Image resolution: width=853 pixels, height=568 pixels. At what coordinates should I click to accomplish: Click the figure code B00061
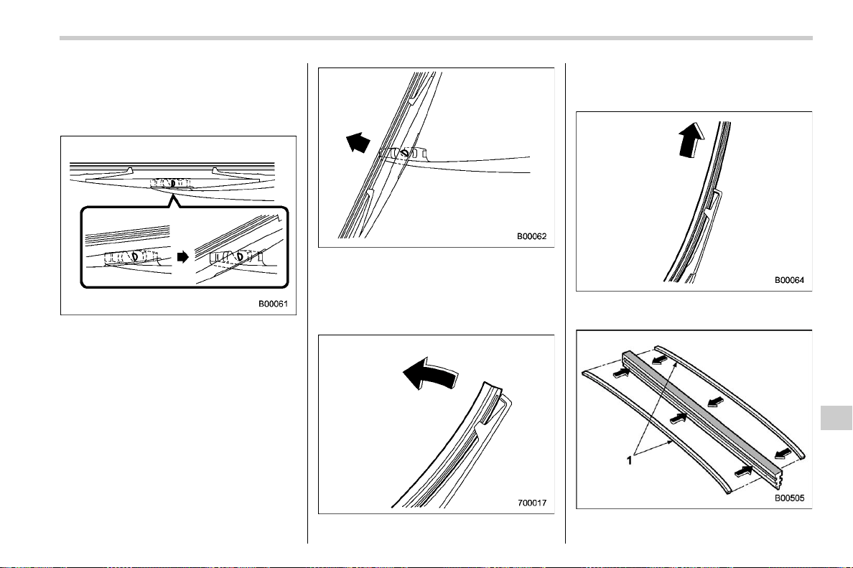(273, 304)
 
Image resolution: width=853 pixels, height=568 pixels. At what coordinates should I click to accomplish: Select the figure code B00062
(531, 236)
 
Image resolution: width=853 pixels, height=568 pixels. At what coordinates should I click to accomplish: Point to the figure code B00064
(789, 280)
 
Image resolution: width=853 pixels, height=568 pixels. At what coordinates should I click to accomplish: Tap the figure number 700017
(531, 503)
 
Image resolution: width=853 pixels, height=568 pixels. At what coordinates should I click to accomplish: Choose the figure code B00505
(789, 498)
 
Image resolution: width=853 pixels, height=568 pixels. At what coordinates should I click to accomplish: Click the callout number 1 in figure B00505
(630, 460)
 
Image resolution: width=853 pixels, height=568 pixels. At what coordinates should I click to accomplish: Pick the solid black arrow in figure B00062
(358, 142)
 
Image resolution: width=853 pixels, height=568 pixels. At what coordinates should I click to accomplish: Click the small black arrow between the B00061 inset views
(183, 256)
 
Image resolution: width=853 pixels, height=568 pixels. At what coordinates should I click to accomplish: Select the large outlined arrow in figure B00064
(692, 139)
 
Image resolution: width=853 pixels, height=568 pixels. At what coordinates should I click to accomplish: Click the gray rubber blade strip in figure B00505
(701, 411)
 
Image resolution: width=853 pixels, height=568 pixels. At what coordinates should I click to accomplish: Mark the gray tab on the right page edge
(836, 417)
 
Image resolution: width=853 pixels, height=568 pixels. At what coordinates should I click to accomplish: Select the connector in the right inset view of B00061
(237, 257)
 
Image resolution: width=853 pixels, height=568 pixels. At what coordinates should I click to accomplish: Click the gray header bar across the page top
(436, 38)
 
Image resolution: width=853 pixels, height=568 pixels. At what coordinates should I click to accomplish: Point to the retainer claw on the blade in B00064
(714, 201)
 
